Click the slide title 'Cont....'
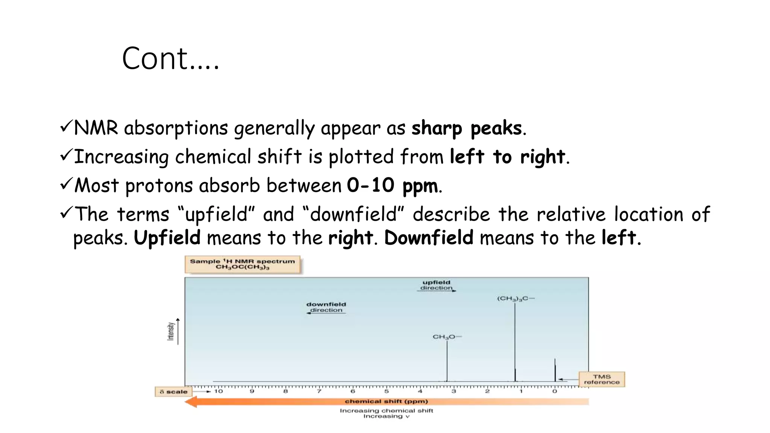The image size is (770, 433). [170, 59]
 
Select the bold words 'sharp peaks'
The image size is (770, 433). [467, 128]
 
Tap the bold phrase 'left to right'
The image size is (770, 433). [507, 157]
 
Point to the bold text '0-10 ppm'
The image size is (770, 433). [392, 186]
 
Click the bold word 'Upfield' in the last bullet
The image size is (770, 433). [167, 238]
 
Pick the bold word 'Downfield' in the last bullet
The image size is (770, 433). [429, 238]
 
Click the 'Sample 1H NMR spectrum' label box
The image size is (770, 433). [243, 264]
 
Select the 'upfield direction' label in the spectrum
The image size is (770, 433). [436, 285]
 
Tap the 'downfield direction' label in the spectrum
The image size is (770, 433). [326, 307]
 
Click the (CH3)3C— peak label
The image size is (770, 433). [515, 298]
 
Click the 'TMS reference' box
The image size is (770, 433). [602, 379]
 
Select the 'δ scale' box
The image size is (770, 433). [173, 392]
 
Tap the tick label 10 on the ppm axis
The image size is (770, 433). [218, 391]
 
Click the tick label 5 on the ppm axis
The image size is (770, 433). [387, 391]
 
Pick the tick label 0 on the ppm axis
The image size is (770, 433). [555, 391]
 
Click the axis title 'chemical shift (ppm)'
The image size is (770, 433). [386, 401]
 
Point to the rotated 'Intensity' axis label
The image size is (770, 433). [171, 331]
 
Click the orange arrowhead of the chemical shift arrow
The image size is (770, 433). [191, 402]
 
